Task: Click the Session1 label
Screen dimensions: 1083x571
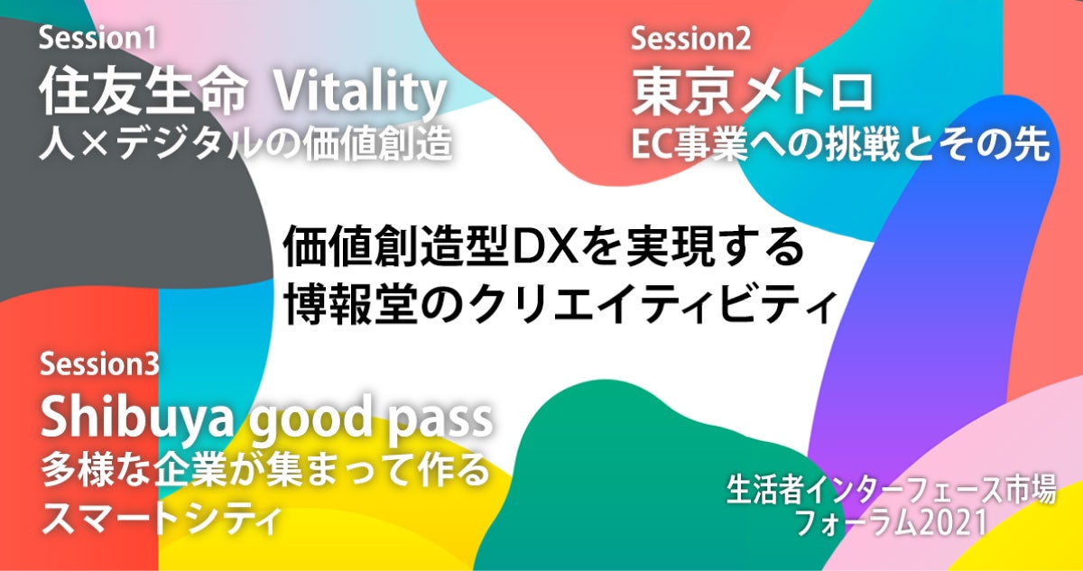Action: pyautogui.click(x=97, y=38)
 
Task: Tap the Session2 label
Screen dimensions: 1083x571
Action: pyautogui.click(x=690, y=38)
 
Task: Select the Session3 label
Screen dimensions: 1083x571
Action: pyautogui.click(x=99, y=364)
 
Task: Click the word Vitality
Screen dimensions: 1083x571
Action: pyautogui.click(x=360, y=93)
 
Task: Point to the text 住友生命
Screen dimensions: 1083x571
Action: pyautogui.click(x=143, y=92)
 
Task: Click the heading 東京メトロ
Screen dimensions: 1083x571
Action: pyautogui.click(x=753, y=92)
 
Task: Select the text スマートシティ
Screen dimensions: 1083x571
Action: pyautogui.click(x=161, y=519)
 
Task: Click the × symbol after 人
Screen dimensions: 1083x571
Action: pyautogui.click(x=94, y=145)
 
